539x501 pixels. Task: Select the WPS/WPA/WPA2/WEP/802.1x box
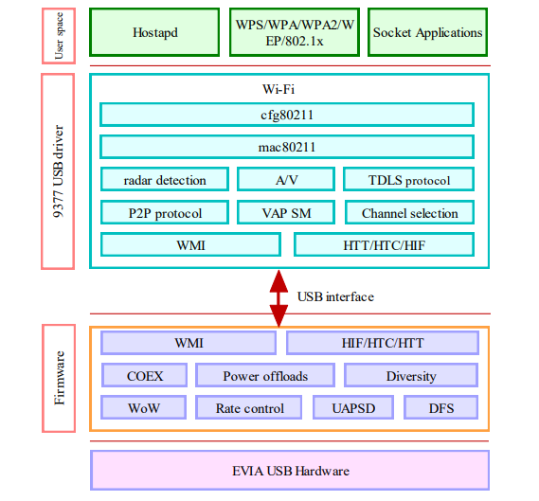tap(292, 32)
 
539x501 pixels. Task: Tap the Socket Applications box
tap(427, 32)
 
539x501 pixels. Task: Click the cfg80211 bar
tap(286, 115)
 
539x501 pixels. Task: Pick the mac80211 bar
tap(286, 147)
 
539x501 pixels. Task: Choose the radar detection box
tap(165, 180)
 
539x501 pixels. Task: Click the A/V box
tap(285, 180)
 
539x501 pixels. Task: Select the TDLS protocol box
tap(408, 180)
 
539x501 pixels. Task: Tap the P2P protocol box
tap(165, 212)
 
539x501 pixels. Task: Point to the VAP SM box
tap(285, 212)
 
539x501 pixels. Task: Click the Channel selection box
tap(408, 212)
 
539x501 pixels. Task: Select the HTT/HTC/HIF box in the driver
tap(383, 244)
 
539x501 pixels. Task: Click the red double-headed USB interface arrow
tap(278, 297)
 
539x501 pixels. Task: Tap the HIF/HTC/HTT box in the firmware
tap(382, 343)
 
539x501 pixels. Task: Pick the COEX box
tap(144, 375)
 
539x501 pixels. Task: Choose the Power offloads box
tap(265, 375)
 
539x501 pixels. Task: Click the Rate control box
tap(250, 408)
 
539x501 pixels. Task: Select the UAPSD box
tap(353, 408)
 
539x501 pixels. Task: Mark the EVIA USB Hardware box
tap(289, 470)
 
